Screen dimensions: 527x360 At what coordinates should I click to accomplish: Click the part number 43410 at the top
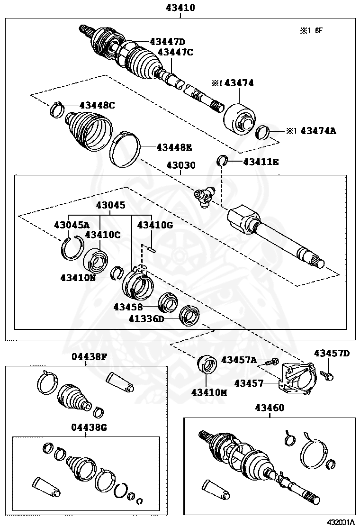(x=180, y=8)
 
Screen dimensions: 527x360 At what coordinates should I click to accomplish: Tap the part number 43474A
(x=318, y=130)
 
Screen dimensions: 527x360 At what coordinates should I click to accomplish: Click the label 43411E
(x=261, y=162)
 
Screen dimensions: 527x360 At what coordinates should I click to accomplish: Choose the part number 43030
(x=180, y=165)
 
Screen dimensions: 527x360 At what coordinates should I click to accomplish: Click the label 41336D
(x=146, y=319)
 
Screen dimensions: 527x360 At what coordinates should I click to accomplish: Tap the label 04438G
(x=90, y=427)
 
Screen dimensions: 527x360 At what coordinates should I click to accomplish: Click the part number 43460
(x=270, y=408)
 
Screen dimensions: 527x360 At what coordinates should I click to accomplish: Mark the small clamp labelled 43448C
(x=58, y=109)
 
